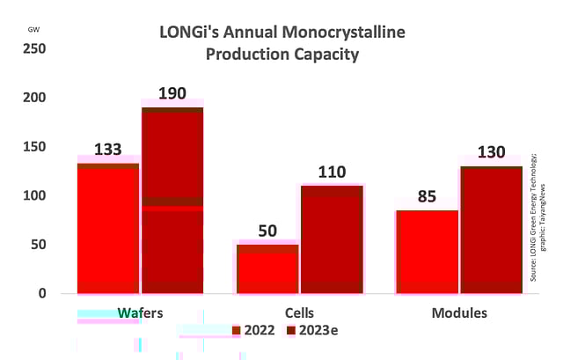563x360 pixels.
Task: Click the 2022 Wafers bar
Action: [108, 228]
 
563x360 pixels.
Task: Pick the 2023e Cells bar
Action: [332, 239]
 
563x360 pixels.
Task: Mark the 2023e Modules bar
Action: [491, 229]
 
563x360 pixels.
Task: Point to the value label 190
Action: [172, 94]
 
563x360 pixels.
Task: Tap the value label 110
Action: [333, 173]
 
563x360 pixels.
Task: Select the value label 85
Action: [427, 196]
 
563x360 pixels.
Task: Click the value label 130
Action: [491, 152]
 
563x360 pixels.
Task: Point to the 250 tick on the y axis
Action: [34, 48]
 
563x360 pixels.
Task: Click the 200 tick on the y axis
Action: [34, 98]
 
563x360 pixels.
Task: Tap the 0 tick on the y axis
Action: [41, 293]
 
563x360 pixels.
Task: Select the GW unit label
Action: [33, 29]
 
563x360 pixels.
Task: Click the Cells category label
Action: [299, 313]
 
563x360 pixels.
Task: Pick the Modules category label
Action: [459, 313]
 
